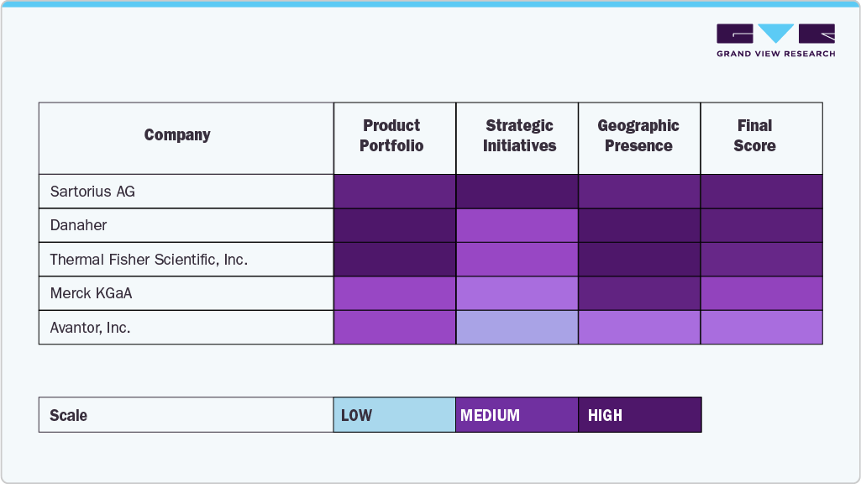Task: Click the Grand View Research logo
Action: (x=775, y=40)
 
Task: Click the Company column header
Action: (x=177, y=135)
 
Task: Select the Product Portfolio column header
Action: (x=391, y=135)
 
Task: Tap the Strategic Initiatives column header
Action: (x=519, y=135)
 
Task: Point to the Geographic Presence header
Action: (x=638, y=135)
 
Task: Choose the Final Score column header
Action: (x=754, y=135)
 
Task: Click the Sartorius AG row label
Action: (x=92, y=192)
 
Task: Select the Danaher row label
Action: (x=78, y=225)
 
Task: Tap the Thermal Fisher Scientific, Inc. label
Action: (x=149, y=260)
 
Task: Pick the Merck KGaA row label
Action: (x=91, y=293)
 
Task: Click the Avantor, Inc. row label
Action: (x=90, y=328)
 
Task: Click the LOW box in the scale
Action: (x=394, y=415)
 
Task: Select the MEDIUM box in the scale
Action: (x=517, y=415)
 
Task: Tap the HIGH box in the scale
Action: (x=639, y=415)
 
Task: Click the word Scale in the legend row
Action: (x=68, y=415)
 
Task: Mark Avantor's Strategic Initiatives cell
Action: (x=517, y=328)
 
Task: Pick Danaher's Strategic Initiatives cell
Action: (x=517, y=225)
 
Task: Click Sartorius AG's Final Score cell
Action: (x=761, y=192)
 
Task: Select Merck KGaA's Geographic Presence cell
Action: (x=639, y=293)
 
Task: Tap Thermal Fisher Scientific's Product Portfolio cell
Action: (x=394, y=260)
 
